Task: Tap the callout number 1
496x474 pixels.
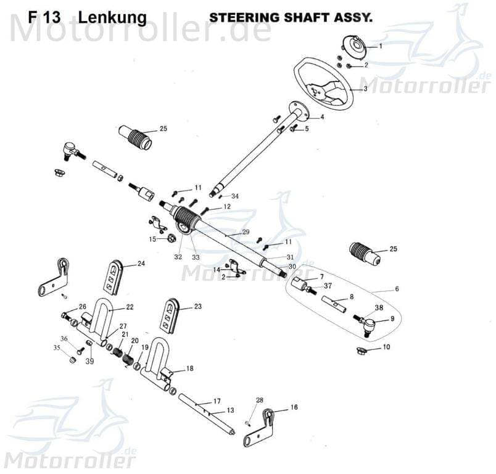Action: pyautogui.click(x=381, y=46)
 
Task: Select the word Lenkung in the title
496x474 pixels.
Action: pyautogui.click(x=112, y=17)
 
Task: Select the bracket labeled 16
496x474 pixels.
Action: pyautogui.click(x=258, y=426)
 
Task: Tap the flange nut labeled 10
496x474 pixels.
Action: pyautogui.click(x=362, y=351)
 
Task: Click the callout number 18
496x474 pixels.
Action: pyautogui.click(x=189, y=368)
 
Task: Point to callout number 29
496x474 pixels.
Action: pyautogui.click(x=246, y=231)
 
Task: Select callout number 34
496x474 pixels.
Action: pyautogui.click(x=235, y=196)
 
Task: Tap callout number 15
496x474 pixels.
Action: pyautogui.click(x=152, y=239)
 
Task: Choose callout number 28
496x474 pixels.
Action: pyautogui.click(x=260, y=401)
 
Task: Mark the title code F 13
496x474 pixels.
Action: pyautogui.click(x=44, y=17)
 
